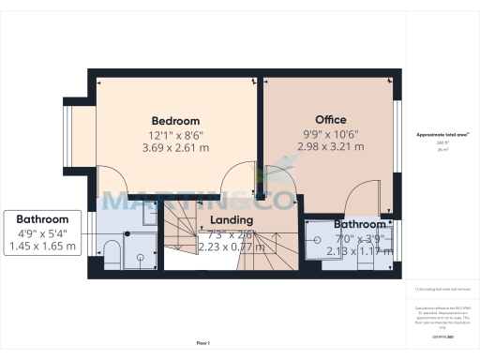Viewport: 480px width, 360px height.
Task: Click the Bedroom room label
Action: (176, 121)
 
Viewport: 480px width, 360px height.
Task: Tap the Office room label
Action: (330, 120)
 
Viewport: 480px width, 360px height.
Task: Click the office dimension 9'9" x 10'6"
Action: (330, 133)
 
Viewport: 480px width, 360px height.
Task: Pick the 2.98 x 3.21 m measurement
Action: (330, 146)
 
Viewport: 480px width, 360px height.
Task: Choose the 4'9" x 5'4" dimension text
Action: (42, 232)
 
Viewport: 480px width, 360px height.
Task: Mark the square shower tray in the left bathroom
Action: (141, 247)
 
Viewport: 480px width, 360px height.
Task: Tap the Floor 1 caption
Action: (203, 343)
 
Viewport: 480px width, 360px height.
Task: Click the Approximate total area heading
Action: (442, 135)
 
